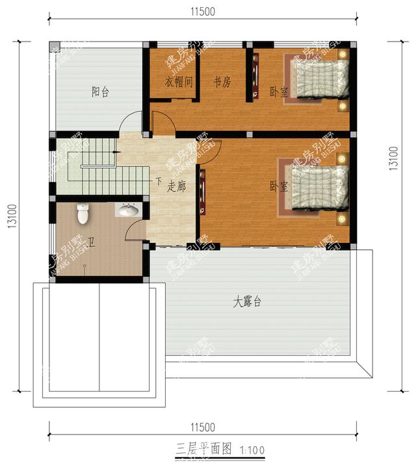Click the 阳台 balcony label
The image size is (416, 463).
click(x=100, y=92)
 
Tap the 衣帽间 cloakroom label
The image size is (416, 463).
click(x=179, y=82)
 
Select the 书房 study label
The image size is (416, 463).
click(x=222, y=82)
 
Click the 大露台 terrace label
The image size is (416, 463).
click(x=248, y=302)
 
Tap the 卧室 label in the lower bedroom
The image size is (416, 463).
click(x=279, y=187)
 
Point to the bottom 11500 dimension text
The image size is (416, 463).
click(x=203, y=427)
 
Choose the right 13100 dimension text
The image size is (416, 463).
click(x=393, y=156)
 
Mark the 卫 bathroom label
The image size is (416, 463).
click(x=91, y=243)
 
